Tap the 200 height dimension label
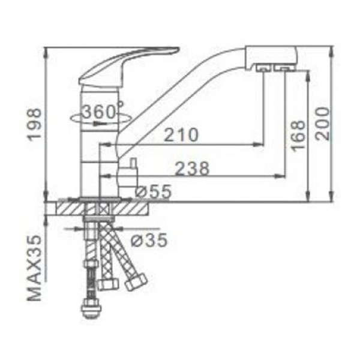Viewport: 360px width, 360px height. tap(323, 123)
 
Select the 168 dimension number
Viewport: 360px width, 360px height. tap(298, 136)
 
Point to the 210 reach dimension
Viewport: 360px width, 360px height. tap(181, 135)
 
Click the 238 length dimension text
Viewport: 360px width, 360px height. tap(192, 169)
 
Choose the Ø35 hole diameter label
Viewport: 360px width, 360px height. tap(148, 240)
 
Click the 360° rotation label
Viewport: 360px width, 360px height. tap(103, 112)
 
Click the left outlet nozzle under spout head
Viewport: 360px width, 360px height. tap(263, 70)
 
